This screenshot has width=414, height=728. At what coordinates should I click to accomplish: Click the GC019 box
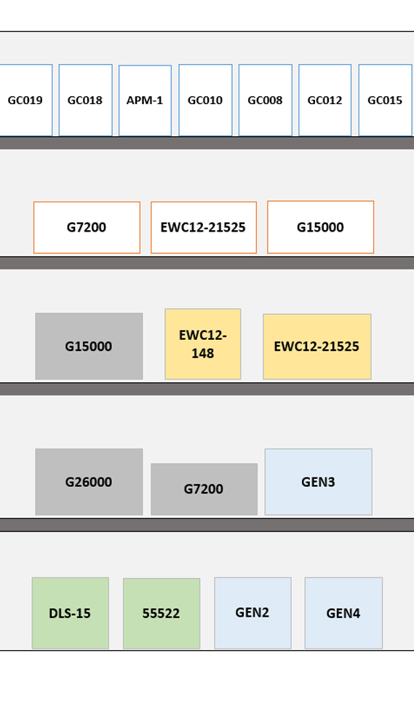pyautogui.click(x=25, y=100)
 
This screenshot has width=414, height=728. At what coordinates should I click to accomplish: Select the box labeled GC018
pyautogui.click(x=85, y=100)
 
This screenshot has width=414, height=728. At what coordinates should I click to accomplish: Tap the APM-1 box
pyautogui.click(x=145, y=100)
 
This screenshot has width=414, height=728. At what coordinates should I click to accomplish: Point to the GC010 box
pyautogui.click(x=205, y=100)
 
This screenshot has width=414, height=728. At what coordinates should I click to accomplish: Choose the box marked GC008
pyautogui.click(x=265, y=100)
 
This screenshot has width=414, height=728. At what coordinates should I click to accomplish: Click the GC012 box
pyautogui.click(x=325, y=100)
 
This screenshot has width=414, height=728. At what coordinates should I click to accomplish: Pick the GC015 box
pyautogui.click(x=385, y=100)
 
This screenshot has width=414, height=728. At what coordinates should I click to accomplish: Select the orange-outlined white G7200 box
pyautogui.click(x=87, y=227)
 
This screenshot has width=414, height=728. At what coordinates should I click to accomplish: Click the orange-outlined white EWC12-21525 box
pyautogui.click(x=204, y=227)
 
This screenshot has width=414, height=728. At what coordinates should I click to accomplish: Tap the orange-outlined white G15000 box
pyautogui.click(x=321, y=227)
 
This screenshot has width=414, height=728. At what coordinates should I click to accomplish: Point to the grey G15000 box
pyautogui.click(x=89, y=347)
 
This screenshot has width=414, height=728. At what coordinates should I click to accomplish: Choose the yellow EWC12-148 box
pyautogui.click(x=203, y=344)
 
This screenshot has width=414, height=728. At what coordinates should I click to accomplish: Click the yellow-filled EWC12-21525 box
pyautogui.click(x=317, y=347)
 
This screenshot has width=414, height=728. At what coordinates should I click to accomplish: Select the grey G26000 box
pyautogui.click(x=89, y=482)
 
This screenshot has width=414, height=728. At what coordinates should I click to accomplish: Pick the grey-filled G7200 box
pyautogui.click(x=204, y=489)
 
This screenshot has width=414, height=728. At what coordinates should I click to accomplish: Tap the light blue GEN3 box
pyautogui.click(x=319, y=482)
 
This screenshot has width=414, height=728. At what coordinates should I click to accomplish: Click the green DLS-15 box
pyautogui.click(x=71, y=613)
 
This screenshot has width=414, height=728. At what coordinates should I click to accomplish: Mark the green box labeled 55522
pyautogui.click(x=162, y=614)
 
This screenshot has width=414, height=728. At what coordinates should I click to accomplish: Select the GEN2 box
pyautogui.click(x=253, y=613)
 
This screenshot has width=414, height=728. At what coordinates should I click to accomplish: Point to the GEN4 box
pyautogui.click(x=343, y=613)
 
